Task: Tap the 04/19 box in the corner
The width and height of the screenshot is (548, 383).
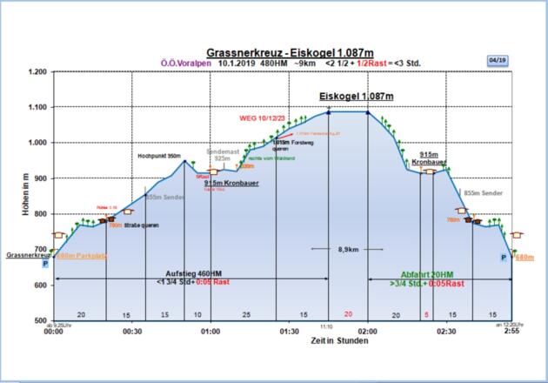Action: tap(497, 60)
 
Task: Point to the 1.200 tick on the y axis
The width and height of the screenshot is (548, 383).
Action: tap(37, 72)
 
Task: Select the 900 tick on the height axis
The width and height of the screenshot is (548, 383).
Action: tap(40, 178)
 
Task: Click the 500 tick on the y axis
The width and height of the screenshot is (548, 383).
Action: tap(40, 321)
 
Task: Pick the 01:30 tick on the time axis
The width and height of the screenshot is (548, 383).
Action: tap(288, 332)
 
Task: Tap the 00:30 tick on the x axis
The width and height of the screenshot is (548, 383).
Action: tap(132, 332)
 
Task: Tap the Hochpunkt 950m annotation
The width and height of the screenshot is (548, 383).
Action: tap(159, 156)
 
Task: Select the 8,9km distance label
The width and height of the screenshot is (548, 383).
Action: tap(348, 249)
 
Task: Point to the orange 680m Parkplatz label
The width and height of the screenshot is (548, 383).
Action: tap(80, 257)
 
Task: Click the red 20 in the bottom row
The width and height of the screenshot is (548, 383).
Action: tap(348, 313)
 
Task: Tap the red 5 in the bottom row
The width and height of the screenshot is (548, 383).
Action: tap(426, 313)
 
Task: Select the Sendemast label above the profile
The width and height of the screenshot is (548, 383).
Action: tap(222, 151)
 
